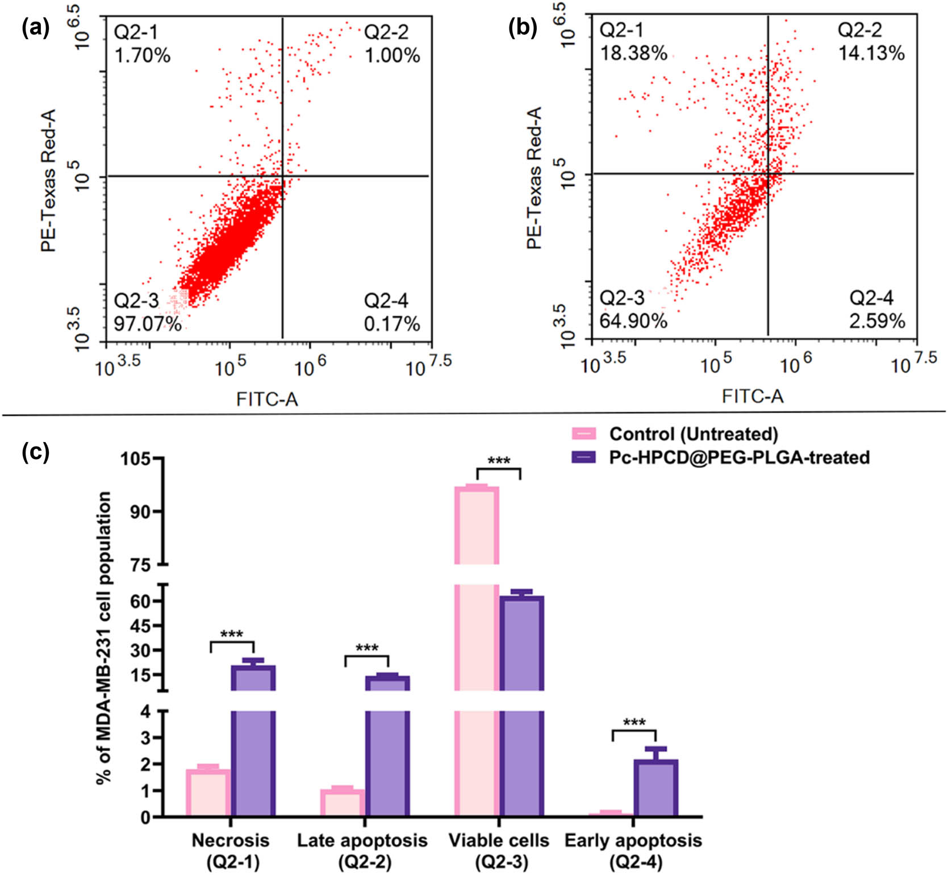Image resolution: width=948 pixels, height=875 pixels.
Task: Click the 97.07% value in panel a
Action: point(148,324)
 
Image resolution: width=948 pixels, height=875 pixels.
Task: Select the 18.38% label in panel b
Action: point(633,53)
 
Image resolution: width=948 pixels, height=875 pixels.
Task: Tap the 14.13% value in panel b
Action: point(871,53)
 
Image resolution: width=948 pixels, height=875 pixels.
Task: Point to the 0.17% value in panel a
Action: point(391,324)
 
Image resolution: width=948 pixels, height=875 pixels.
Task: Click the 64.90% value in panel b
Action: point(633,321)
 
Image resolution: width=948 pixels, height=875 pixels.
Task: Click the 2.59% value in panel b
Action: point(876,321)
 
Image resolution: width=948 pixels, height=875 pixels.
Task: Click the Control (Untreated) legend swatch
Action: point(584,434)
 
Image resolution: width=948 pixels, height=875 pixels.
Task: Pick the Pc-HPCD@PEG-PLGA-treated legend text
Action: point(739,457)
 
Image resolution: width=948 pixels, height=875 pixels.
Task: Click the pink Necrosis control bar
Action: point(208,793)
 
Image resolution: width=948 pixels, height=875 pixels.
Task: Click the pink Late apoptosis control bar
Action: point(343,803)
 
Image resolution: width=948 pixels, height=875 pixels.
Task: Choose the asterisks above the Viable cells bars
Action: point(499,460)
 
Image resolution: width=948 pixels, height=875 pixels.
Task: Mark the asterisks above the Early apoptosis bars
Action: point(634,723)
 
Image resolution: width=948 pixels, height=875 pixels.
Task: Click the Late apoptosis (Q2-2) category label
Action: point(362,851)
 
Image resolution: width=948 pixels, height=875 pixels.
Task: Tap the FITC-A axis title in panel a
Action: point(267,399)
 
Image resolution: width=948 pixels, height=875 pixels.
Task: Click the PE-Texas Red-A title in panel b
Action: point(534,178)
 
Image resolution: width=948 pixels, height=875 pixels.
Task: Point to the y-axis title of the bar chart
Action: point(104,637)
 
